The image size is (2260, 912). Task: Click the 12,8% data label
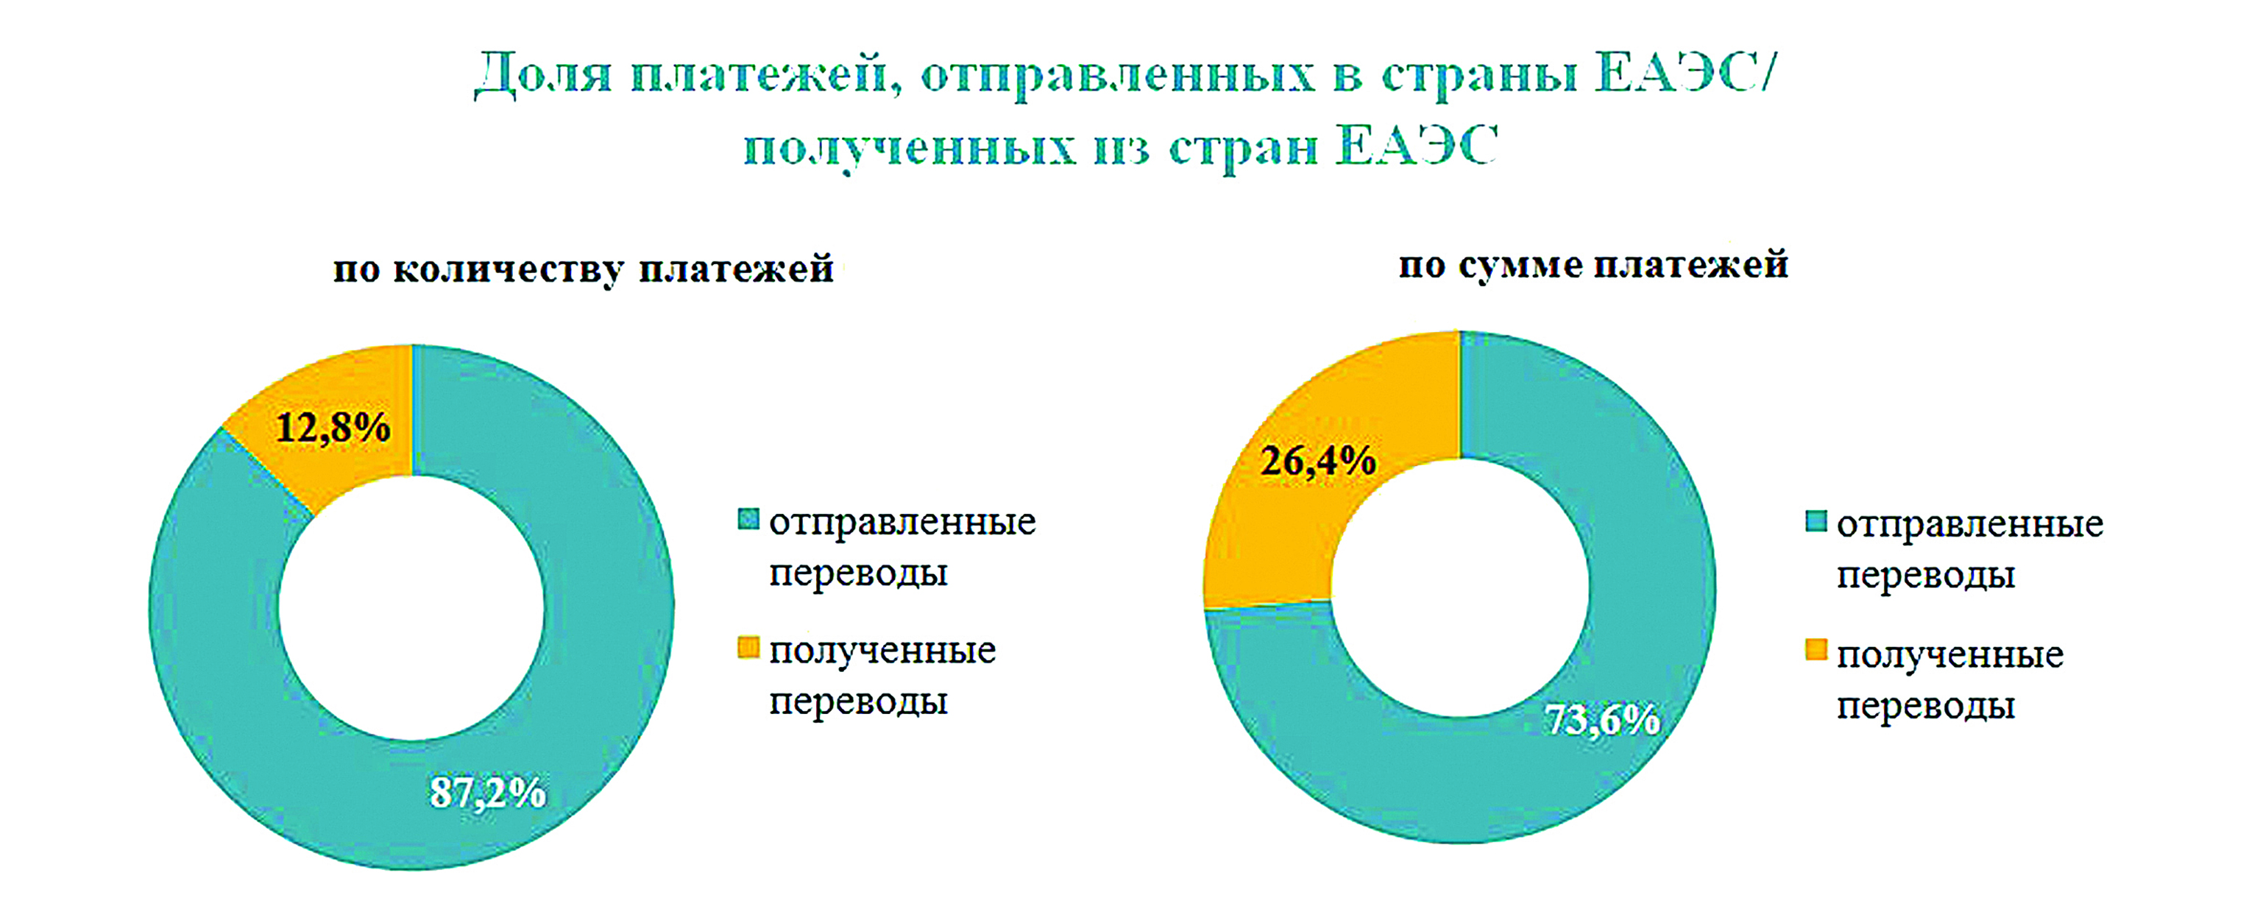[333, 428]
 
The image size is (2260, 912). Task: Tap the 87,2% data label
[488, 793]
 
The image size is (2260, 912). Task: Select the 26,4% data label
[1318, 461]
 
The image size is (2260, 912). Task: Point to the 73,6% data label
[1603, 720]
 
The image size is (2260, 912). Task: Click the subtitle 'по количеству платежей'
[583, 269]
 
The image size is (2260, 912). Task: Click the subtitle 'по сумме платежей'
[1593, 265]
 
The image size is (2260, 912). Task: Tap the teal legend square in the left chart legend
[748, 520]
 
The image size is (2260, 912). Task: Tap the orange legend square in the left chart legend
[748, 648]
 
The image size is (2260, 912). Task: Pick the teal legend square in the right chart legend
[1816, 521]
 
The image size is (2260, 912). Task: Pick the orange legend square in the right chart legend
[1816, 651]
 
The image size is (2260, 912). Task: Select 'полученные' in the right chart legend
[1950, 656]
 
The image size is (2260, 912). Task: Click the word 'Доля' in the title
[542, 74]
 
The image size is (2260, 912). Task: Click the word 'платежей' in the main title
[765, 74]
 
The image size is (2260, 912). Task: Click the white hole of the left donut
[411, 607]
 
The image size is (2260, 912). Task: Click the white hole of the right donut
[1460, 587]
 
